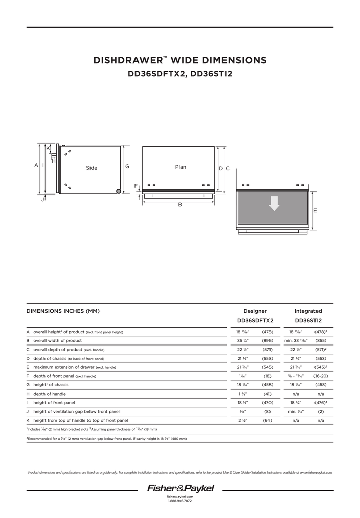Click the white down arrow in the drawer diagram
[274, 203]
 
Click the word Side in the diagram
[92, 168]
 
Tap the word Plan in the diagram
[181, 167]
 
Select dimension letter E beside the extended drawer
[315, 210]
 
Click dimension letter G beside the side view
[127, 166]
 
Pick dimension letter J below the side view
[43, 200]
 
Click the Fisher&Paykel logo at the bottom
[181, 489]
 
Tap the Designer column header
[255, 311]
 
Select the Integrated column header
[308, 311]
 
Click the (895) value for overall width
[267, 341]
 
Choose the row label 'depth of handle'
[53, 394]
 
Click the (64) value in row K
[267, 420]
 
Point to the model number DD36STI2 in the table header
[308, 320]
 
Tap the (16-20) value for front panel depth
[321, 376]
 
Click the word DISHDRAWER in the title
[127, 61]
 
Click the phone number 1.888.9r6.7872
[179, 501]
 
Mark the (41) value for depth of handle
[267, 394]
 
